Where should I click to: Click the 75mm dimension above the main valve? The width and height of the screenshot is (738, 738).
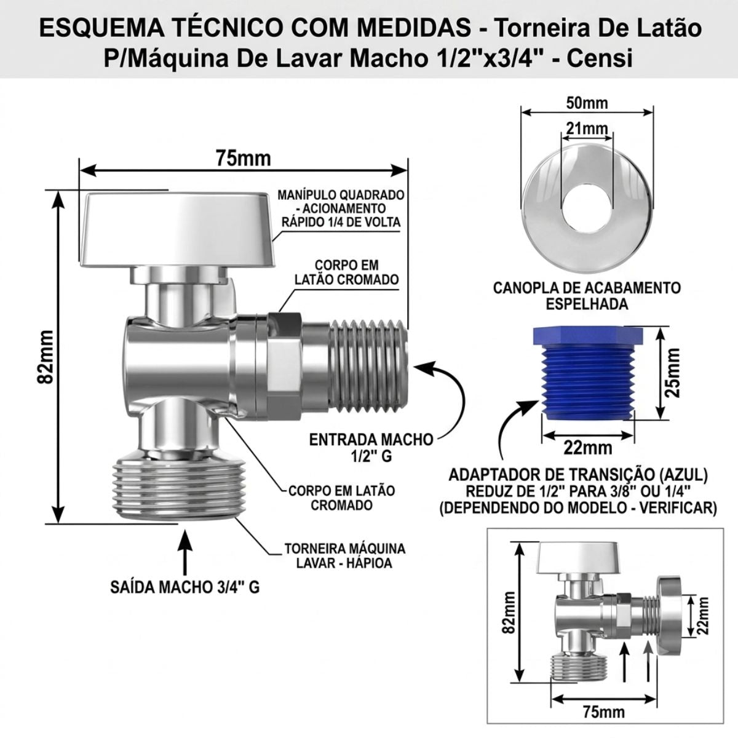(x=243, y=159)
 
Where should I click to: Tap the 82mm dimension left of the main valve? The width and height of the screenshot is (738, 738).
(x=47, y=357)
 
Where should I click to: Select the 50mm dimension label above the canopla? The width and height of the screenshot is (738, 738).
(x=587, y=103)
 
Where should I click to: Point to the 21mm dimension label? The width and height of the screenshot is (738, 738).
(x=587, y=129)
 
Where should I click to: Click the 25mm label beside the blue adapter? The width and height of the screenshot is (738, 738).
(x=672, y=373)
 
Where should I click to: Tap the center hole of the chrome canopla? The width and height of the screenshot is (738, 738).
(x=587, y=208)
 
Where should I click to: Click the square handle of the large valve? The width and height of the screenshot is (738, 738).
(x=178, y=229)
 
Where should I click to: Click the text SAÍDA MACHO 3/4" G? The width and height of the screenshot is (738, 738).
(x=185, y=587)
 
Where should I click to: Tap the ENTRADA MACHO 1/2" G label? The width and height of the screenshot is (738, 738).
(x=371, y=448)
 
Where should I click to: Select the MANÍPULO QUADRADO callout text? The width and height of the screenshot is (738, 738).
(x=341, y=208)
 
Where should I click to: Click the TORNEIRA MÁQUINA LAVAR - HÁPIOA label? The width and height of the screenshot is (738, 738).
(x=344, y=556)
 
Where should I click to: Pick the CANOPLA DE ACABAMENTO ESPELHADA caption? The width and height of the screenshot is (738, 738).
(x=587, y=296)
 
